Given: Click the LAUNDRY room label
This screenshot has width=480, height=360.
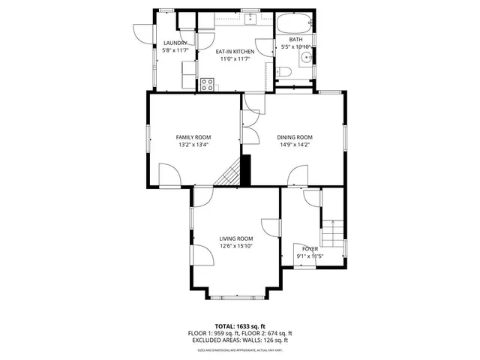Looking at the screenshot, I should pyautogui.click(x=175, y=43).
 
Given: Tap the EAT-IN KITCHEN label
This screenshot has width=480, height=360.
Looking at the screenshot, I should pyautogui.click(x=235, y=52).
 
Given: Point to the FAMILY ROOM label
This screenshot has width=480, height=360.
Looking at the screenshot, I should pyautogui.click(x=193, y=137).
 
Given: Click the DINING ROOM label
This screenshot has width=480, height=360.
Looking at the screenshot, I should pyautogui.click(x=295, y=137).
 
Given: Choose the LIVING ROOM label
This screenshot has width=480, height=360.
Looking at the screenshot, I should pyautogui.click(x=236, y=238).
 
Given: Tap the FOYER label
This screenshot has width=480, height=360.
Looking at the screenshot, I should pyautogui.click(x=310, y=248).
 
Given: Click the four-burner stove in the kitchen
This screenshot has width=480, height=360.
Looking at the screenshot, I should pyautogui.click(x=208, y=83).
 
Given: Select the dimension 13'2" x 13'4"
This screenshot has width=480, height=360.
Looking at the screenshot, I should pyautogui.click(x=193, y=145).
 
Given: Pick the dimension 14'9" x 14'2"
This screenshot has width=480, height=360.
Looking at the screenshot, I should pyautogui.click(x=295, y=145).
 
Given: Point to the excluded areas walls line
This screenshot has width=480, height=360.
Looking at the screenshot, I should pyautogui.click(x=240, y=340).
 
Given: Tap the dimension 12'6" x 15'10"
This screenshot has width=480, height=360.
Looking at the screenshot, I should pyautogui.click(x=236, y=246).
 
